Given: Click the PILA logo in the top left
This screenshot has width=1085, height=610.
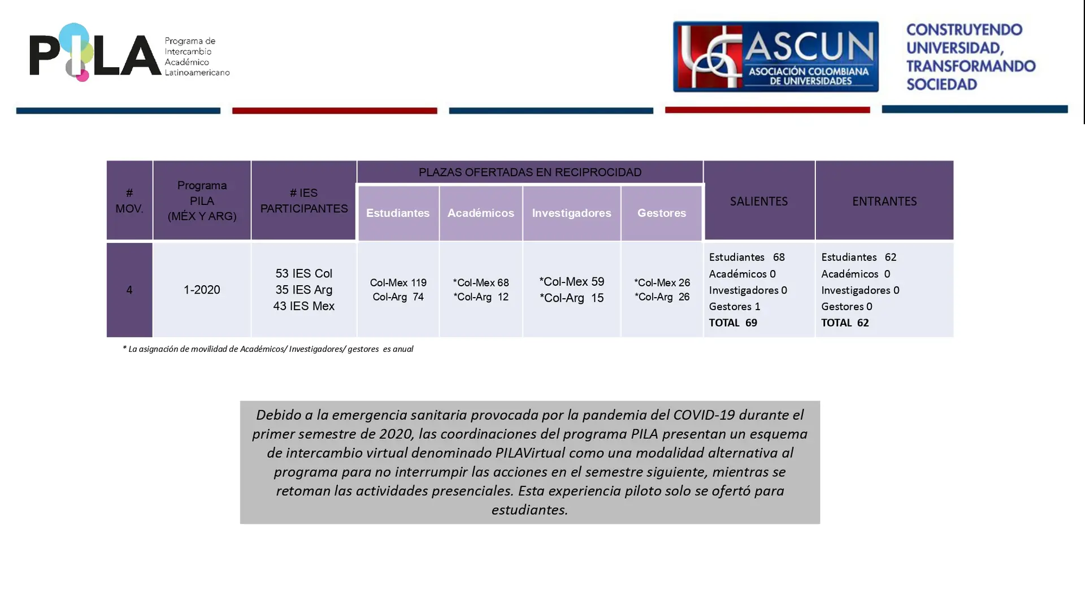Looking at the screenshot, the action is click(x=129, y=53).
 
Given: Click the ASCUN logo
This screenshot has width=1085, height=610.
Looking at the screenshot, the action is click(x=775, y=56).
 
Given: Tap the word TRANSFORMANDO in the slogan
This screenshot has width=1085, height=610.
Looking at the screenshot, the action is click(x=971, y=66).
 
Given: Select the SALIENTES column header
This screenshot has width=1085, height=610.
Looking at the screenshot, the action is click(x=759, y=201).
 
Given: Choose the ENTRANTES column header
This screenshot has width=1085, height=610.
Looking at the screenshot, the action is click(x=884, y=201).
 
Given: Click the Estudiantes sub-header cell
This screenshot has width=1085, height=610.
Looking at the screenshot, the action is click(x=398, y=213).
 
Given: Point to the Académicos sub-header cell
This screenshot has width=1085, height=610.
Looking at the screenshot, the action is click(x=481, y=213).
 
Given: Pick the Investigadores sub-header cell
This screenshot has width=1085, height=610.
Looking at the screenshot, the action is click(x=571, y=213).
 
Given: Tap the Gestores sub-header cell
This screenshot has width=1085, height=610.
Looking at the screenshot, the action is click(x=662, y=213).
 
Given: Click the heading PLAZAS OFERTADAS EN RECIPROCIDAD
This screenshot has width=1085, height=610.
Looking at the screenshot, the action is click(x=530, y=172).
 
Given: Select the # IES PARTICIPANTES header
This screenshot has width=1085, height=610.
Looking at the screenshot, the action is click(x=304, y=201).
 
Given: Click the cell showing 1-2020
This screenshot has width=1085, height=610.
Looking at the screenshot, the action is click(x=202, y=290).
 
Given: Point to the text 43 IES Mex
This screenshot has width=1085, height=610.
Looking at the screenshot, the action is click(x=304, y=306).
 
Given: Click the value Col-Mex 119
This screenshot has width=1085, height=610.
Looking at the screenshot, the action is click(x=398, y=282).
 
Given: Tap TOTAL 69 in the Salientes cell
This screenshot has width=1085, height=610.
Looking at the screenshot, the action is click(x=733, y=323).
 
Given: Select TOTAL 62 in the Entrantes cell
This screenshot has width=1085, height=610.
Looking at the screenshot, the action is click(x=845, y=323).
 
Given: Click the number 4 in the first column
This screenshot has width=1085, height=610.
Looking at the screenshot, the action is click(x=129, y=290).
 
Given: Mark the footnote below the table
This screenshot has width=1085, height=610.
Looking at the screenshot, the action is click(x=268, y=349).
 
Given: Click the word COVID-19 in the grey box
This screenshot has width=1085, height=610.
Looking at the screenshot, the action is click(x=704, y=415).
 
